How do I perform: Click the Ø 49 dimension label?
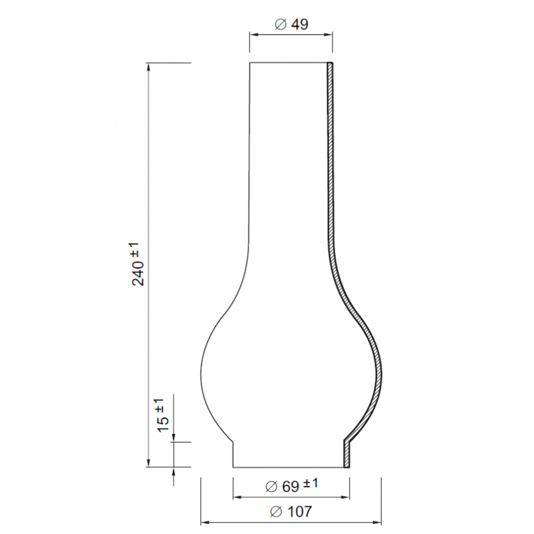click(x=291, y=24)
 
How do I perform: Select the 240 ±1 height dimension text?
click(x=138, y=264)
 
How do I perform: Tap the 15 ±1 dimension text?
click(x=163, y=415)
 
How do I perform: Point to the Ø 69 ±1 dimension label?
click(x=292, y=485)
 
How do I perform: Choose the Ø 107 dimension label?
click(x=291, y=511)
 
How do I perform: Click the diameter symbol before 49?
click(x=280, y=25)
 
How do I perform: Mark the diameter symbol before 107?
click(x=276, y=511)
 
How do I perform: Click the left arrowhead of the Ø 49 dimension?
click(x=254, y=35)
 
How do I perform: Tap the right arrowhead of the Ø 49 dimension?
click(x=328, y=35)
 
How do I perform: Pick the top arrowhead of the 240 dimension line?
click(x=148, y=67)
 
